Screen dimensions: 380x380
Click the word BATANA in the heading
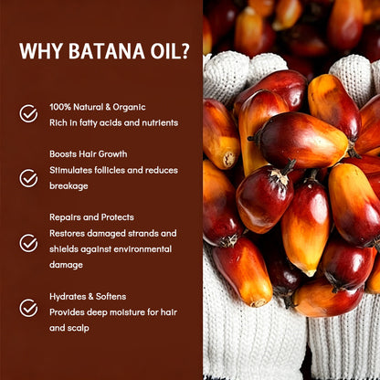tap(107, 51)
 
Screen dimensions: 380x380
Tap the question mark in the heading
tap(185, 51)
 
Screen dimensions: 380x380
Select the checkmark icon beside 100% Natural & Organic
tap(28, 114)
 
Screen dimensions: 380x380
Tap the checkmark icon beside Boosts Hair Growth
tap(28, 178)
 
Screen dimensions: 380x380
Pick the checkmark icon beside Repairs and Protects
tap(28, 243)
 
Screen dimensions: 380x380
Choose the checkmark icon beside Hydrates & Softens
tap(28, 308)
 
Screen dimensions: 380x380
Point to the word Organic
tap(129, 108)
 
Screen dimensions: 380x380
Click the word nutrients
tap(160, 122)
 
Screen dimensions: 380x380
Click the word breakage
tap(69, 186)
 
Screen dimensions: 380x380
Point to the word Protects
tap(118, 217)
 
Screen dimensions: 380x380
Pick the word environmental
tap(142, 249)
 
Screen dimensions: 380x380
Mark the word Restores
tap(67, 234)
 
